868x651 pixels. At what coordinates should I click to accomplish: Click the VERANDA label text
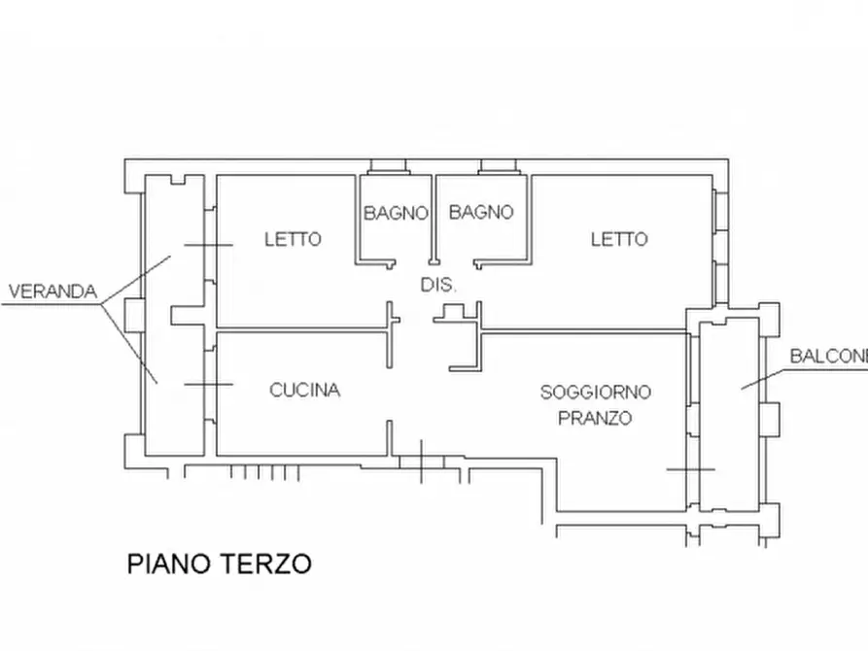click(52, 291)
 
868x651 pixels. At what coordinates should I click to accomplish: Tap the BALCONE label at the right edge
click(827, 356)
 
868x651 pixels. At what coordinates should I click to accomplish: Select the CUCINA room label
click(304, 391)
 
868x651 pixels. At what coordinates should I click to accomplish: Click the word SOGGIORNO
click(595, 393)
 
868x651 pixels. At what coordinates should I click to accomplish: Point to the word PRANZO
click(594, 419)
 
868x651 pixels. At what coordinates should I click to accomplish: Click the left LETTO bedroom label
click(293, 239)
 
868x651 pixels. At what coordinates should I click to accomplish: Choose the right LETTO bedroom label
click(619, 239)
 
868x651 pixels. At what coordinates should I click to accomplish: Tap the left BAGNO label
click(396, 213)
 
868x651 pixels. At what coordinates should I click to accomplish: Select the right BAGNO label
click(481, 212)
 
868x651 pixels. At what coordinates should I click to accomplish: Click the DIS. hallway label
click(438, 285)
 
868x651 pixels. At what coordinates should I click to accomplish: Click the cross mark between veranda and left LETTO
click(208, 246)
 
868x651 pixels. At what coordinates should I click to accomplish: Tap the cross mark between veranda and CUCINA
click(208, 385)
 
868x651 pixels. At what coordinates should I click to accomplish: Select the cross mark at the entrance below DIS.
click(422, 461)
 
